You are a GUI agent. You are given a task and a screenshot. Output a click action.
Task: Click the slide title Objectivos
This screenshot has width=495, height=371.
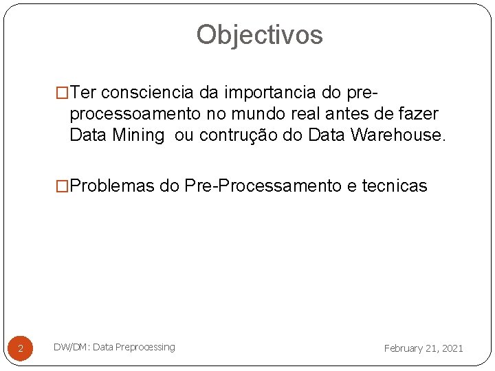click(259, 34)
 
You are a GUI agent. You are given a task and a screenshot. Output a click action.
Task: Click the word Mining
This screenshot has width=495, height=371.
click(137, 135)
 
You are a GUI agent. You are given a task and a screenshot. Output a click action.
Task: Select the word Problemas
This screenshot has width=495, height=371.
click(112, 185)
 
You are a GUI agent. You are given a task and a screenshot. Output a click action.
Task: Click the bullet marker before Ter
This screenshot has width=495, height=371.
click(62, 92)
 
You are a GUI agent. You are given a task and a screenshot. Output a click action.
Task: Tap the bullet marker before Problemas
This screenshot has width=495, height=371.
click(62, 185)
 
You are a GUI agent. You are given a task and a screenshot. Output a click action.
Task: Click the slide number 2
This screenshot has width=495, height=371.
click(21, 349)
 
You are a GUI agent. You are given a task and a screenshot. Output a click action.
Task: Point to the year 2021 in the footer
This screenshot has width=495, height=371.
click(452, 348)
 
